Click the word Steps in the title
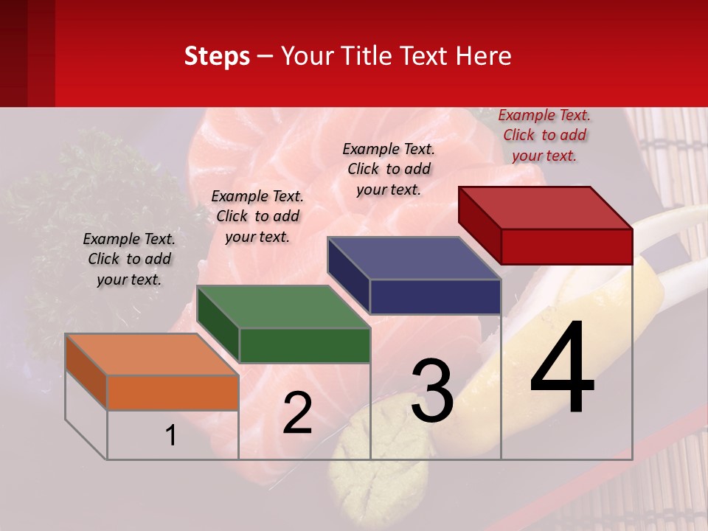click(217, 56)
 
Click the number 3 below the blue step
click(432, 391)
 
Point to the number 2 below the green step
click(297, 413)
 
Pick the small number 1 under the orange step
click(171, 435)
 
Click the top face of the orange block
click(151, 354)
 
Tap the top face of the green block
click(284, 306)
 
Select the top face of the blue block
click(414, 258)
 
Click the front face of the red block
click(566, 246)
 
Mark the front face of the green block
click(305, 345)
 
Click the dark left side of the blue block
click(348, 274)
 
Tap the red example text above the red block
click(544, 135)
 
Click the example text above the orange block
click(129, 259)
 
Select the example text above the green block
click(257, 216)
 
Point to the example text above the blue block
click(389, 169)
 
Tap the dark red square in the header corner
click(27, 53)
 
